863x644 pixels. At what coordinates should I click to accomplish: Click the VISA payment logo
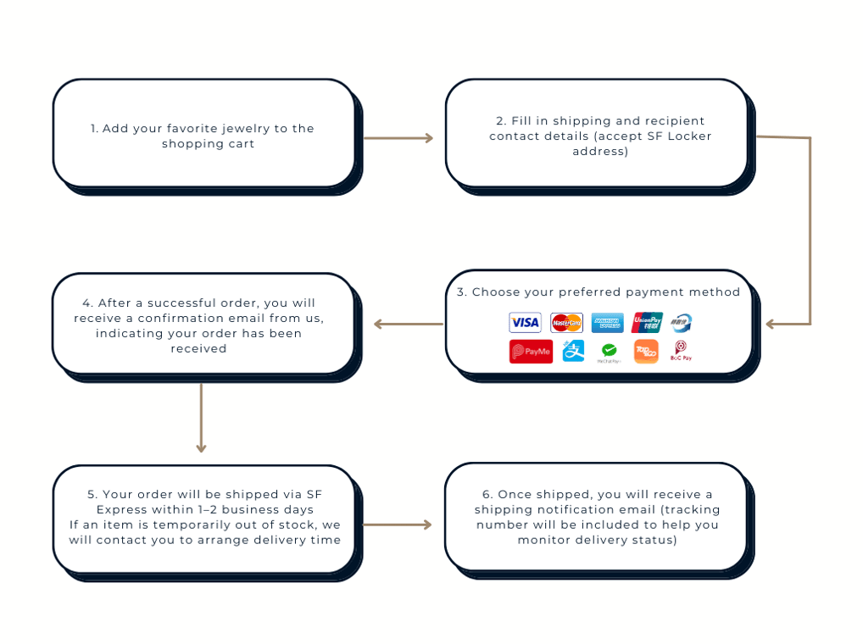525,322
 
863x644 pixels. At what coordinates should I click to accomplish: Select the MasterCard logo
566,323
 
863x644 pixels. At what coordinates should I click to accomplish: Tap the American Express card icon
607,323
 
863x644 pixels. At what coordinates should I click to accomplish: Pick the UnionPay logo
647,322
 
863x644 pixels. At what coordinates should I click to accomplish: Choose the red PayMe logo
531,352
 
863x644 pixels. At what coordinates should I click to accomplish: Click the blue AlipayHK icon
573,351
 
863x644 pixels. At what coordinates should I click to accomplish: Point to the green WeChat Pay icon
609,352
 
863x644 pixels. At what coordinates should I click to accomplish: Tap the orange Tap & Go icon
646,352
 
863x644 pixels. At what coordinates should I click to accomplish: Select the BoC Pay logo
681,351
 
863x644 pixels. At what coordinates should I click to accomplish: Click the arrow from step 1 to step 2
398,138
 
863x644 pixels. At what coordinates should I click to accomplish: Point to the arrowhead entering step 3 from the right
770,324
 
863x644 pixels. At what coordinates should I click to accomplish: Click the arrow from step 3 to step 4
409,324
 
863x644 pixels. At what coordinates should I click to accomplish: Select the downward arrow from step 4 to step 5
201,418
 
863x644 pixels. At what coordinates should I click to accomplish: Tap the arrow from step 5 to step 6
398,525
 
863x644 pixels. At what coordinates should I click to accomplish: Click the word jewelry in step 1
245,129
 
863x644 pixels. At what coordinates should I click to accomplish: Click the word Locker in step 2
689,136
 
